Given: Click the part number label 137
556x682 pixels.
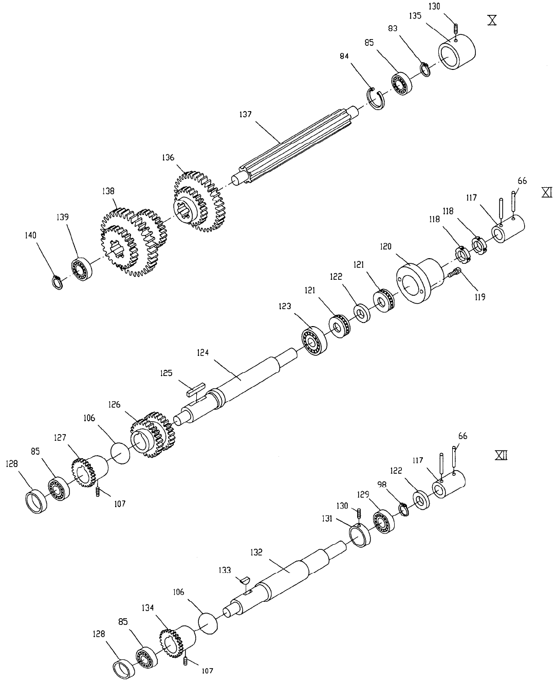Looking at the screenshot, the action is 245,115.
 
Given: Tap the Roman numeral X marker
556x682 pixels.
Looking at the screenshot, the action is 492,20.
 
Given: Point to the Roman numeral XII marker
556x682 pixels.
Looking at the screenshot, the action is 501,456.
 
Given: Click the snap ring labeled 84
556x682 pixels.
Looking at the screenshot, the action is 377,99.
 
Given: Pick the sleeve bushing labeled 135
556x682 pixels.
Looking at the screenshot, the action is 456,52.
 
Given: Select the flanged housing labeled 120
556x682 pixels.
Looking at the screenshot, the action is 419,280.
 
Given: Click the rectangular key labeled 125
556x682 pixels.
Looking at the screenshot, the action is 196,389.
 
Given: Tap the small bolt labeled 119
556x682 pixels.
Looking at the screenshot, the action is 454,272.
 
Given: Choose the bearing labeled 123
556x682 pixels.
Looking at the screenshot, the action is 314,340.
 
